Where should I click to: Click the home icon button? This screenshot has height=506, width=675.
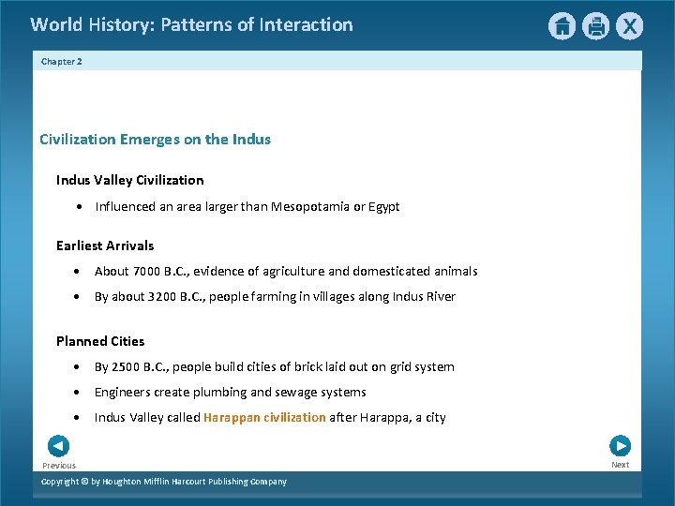562,26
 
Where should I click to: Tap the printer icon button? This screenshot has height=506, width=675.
595,26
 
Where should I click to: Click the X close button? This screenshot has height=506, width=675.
629,26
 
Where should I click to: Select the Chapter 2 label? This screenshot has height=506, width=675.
62,62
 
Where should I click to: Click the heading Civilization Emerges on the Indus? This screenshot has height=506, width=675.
155,140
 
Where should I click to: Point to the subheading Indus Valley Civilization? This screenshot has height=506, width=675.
129,180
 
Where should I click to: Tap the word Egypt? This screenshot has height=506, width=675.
382,206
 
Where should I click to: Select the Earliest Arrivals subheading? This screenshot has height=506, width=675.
105,246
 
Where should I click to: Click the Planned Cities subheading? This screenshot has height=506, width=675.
100,341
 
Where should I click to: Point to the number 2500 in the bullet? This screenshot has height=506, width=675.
127,366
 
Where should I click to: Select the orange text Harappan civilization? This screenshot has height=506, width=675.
264,417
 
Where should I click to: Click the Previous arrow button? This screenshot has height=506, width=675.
58,446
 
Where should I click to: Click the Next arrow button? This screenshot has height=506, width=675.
620,446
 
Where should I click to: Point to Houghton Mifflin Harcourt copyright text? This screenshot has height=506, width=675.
164,482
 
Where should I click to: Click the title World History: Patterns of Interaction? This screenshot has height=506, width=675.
191,25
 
